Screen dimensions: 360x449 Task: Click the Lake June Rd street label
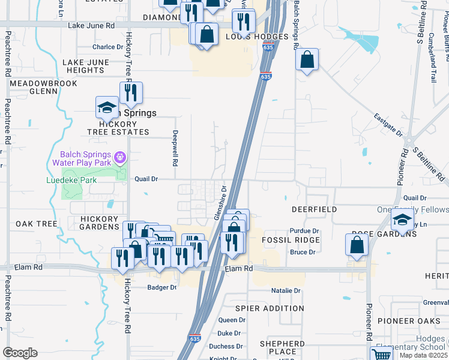[x=91, y=26]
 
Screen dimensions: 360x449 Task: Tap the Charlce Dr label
[x=107, y=47]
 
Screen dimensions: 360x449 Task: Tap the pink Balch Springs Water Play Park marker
[x=120, y=157]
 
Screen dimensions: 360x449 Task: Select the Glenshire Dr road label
[x=219, y=203]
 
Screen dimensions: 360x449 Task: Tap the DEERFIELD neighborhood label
[x=314, y=210]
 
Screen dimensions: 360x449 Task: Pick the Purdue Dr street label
[x=304, y=231]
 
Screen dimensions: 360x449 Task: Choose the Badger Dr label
[x=162, y=287]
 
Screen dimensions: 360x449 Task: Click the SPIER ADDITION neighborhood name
[x=270, y=308]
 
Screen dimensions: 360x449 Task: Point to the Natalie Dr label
[x=286, y=291]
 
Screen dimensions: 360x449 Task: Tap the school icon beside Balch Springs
[x=107, y=108]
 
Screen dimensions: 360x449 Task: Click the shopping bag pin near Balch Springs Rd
[x=307, y=59]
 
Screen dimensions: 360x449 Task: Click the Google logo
[x=20, y=353]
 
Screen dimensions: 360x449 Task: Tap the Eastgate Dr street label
[x=387, y=125]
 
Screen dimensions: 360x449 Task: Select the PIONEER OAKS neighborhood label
[x=405, y=321]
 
